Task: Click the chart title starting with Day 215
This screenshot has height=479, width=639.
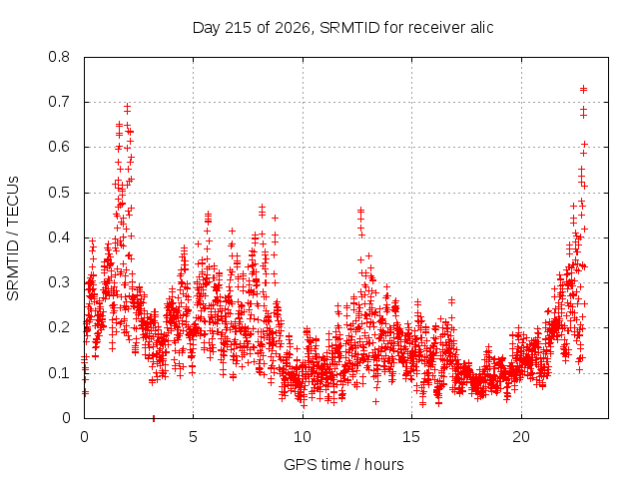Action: [342, 28]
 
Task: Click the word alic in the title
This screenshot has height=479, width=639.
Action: [481, 27]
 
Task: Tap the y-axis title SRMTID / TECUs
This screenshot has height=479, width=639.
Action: [13, 239]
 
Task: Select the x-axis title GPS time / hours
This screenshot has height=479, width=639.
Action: [343, 464]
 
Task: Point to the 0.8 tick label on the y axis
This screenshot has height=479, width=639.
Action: [59, 57]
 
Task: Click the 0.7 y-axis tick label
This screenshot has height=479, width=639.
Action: [59, 102]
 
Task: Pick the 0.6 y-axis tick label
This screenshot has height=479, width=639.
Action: [59, 147]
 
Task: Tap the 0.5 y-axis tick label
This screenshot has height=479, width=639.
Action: [59, 193]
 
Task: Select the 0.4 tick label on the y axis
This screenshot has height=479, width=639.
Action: [59, 238]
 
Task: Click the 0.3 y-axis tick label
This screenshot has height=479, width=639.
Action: [59, 282]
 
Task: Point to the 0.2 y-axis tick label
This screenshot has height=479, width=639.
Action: [59, 327]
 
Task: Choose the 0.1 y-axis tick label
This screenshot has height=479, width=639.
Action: [59, 372]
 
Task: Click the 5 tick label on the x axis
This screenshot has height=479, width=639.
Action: [193, 437]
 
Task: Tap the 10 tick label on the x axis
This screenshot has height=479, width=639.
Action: [303, 437]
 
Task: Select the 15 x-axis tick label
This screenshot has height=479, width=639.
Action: [411, 437]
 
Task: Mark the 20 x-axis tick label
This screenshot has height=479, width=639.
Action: [521, 437]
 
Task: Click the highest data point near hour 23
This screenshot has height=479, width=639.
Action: [583, 89]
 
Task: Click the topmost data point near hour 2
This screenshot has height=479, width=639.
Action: [128, 107]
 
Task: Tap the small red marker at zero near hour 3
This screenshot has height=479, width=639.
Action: [154, 418]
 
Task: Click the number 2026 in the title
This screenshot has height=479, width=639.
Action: [293, 28]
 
